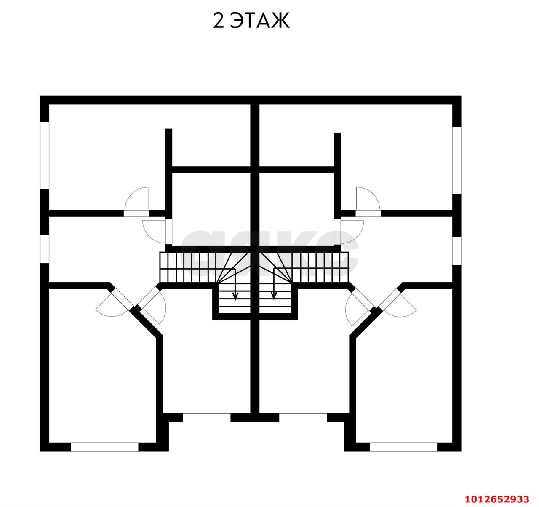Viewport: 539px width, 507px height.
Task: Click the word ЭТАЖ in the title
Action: click(x=260, y=21)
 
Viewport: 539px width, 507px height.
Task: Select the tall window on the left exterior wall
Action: click(x=45, y=155)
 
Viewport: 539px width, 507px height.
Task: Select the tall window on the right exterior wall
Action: click(x=457, y=160)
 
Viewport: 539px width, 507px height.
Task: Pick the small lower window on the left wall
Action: click(x=45, y=249)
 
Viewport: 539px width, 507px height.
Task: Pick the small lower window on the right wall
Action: click(x=457, y=251)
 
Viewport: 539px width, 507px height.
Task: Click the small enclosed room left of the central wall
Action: click(x=211, y=209)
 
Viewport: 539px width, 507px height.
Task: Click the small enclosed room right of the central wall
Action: click(x=297, y=209)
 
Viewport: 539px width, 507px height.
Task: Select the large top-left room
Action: click(x=109, y=157)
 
